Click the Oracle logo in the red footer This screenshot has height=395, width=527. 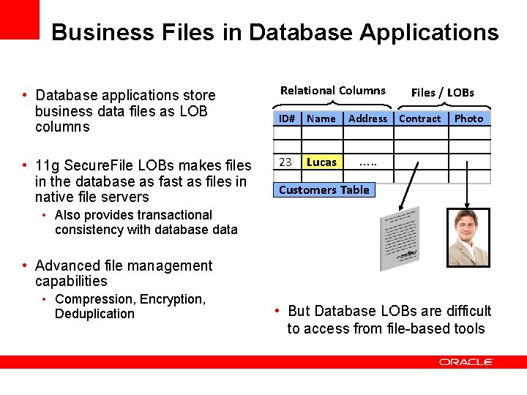click(466, 361)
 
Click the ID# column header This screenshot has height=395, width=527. click(286, 118)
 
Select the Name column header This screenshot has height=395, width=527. click(321, 118)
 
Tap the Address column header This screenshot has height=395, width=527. click(367, 118)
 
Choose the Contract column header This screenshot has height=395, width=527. click(420, 118)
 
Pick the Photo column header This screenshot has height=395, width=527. click(468, 118)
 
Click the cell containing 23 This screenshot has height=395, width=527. click(286, 162)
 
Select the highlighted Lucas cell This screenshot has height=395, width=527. click(322, 162)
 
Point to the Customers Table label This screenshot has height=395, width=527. click(324, 190)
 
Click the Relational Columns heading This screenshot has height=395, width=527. click(333, 91)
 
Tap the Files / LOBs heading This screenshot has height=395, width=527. click(443, 92)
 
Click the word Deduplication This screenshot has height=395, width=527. click(94, 314)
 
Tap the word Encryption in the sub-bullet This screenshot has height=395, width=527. click(172, 299)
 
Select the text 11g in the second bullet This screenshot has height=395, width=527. click(48, 165)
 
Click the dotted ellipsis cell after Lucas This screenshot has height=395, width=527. click(368, 162)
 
